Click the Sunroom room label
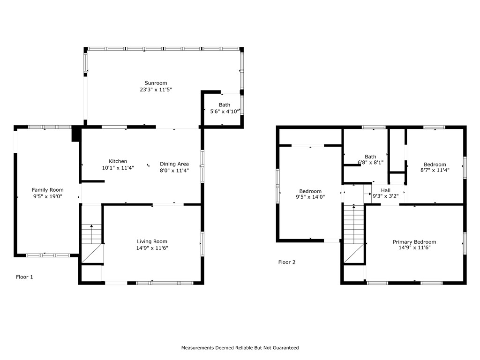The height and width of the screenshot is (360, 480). [156, 83]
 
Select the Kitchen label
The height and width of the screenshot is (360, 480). [118, 161]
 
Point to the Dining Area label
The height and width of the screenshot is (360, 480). [174, 164]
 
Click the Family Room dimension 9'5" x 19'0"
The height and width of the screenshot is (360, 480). [47, 196]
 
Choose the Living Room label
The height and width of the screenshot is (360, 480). [152, 241]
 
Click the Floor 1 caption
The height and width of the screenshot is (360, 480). [24, 277]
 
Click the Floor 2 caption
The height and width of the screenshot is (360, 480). [287, 262]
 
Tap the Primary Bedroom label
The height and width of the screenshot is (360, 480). [414, 242]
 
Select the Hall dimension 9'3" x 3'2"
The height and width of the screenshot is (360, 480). [386, 196]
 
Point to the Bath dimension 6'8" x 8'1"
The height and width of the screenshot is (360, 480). [370, 163]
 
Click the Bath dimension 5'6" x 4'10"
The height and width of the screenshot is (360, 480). [225, 111]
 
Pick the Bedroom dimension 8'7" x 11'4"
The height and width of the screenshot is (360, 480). [435, 171]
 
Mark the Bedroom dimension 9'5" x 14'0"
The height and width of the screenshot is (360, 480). [310, 197]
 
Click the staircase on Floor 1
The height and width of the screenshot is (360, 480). [92, 244]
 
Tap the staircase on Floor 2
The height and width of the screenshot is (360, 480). [354, 234]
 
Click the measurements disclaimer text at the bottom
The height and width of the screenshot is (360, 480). [240, 348]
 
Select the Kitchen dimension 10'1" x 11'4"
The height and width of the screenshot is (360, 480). [118, 167]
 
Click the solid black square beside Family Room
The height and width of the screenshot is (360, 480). [75, 135]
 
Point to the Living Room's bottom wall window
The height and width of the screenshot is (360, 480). [165, 283]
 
